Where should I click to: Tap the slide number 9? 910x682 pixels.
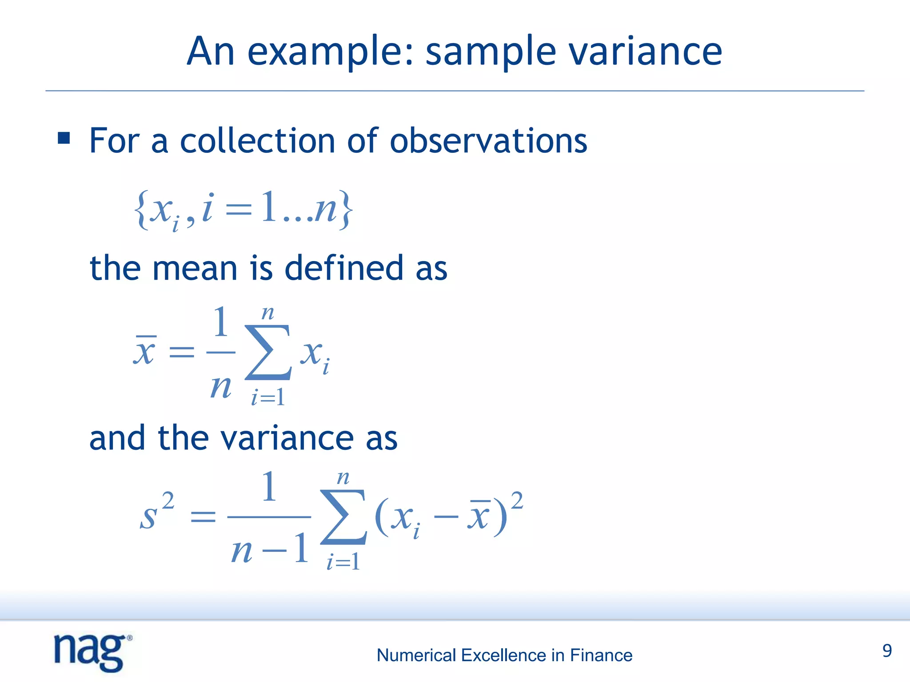[887, 651]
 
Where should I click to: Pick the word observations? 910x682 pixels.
[488, 141]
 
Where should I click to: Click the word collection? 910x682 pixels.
[257, 141]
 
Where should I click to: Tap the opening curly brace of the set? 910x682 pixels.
[141, 210]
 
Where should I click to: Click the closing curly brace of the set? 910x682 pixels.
[346, 210]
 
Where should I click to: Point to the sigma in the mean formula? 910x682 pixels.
[268, 352]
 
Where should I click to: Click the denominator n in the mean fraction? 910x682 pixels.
[220, 387]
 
